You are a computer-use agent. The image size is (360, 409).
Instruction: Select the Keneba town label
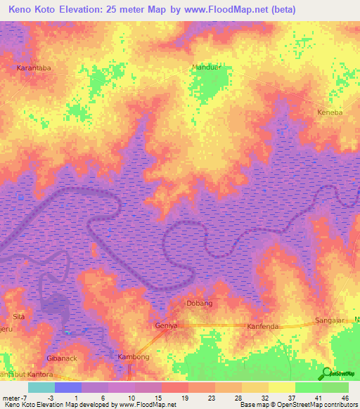coord(330,112)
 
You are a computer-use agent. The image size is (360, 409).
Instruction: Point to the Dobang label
coord(199,303)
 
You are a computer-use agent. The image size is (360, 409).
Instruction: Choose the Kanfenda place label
coord(264,327)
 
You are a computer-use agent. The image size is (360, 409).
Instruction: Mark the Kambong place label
coord(133,357)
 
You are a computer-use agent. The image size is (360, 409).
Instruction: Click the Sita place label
coord(19,317)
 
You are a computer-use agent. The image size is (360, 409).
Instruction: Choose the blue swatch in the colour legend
coord(68,387)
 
